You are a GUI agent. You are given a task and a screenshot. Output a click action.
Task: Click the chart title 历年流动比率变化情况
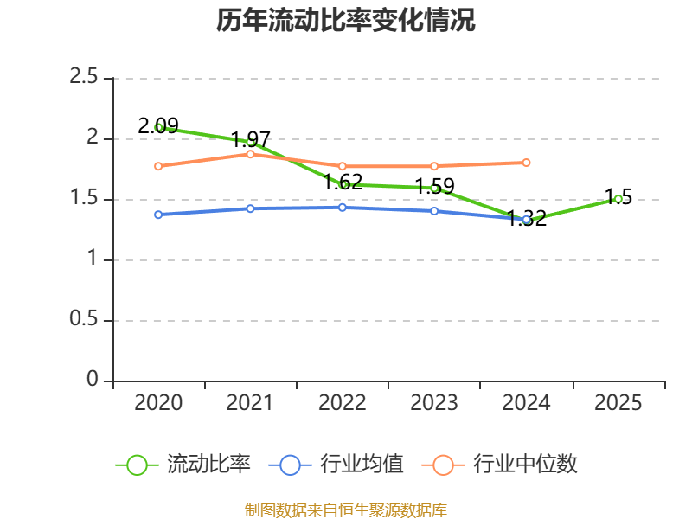point(345,20)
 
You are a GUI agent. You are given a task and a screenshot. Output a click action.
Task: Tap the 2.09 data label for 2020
point(158,125)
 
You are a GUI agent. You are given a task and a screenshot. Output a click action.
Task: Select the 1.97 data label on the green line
point(250,139)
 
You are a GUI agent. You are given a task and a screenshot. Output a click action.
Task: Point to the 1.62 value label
point(343,182)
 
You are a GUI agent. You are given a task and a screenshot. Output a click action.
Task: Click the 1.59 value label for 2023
point(435,186)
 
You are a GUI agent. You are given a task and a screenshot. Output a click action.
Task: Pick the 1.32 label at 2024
point(527,218)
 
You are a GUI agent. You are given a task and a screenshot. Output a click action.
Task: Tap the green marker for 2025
point(618,200)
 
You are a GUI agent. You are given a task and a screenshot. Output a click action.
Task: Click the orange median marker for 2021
point(250,154)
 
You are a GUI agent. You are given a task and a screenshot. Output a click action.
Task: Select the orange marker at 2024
point(526,163)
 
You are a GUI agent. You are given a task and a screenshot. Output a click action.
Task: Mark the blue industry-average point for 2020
point(158,215)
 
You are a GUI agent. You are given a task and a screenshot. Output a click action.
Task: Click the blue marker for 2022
point(343,208)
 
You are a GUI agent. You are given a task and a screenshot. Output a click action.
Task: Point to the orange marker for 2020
point(158,166)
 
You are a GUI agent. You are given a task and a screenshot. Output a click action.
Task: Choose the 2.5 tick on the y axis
point(83,76)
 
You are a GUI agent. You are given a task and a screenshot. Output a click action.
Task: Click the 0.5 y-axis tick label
point(83,318)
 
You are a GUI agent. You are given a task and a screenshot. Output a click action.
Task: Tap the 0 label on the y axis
point(93,379)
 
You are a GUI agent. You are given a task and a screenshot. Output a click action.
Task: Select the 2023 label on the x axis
point(434,402)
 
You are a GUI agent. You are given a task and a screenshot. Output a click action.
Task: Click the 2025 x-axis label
point(618,402)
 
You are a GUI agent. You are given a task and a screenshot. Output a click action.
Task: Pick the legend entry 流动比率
point(183,465)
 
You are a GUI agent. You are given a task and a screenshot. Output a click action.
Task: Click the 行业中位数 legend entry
point(499,465)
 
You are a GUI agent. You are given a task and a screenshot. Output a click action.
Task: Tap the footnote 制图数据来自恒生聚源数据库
point(346,509)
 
